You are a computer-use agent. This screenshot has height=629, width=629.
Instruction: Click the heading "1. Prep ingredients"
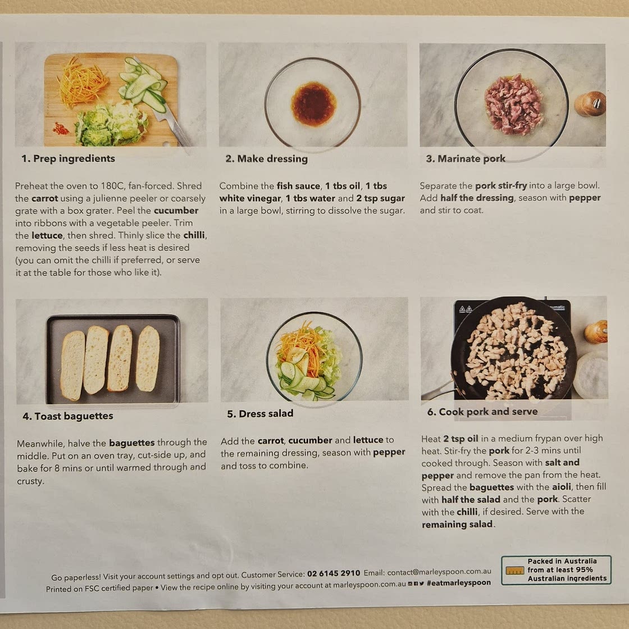tap(68, 158)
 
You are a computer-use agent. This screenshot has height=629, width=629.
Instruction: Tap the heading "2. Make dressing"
tap(266, 159)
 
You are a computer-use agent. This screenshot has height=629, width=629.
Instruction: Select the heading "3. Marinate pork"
tap(466, 159)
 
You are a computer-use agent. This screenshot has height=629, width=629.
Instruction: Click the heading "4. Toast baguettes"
tap(68, 416)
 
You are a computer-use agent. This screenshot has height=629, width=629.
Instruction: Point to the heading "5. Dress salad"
tap(260, 413)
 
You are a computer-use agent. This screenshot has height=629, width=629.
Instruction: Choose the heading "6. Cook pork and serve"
tap(482, 412)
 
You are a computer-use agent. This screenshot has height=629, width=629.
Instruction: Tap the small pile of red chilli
tap(61, 129)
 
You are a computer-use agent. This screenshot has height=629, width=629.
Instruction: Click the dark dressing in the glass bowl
tap(314, 104)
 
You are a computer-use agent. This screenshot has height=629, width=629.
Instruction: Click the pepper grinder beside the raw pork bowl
tap(590, 103)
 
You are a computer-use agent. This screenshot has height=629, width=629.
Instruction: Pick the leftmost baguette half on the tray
tap(72, 366)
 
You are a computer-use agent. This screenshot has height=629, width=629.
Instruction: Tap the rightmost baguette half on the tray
tap(148, 358)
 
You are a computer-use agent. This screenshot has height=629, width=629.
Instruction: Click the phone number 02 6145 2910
tap(334, 573)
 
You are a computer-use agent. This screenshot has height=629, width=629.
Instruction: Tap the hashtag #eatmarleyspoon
tap(458, 582)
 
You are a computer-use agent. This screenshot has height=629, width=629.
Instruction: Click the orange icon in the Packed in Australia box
tap(514, 570)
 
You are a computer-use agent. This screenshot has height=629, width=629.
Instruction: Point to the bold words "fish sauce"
tap(298, 186)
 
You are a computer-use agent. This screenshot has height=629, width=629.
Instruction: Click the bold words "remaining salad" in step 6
tap(457, 525)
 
